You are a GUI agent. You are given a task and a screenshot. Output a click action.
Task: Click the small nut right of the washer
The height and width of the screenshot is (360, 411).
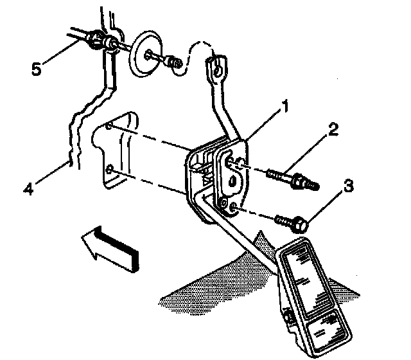point(171,62)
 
